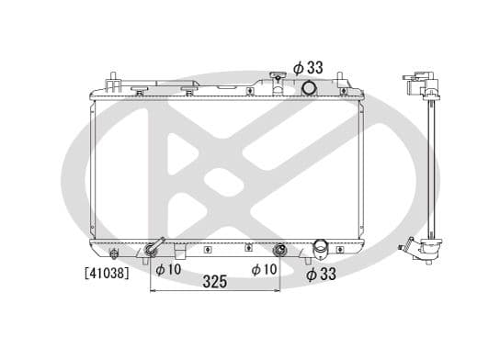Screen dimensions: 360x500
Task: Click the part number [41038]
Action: tap(107, 273)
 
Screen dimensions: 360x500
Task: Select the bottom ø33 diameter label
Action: tap(322, 273)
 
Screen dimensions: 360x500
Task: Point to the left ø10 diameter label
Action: tap(168, 269)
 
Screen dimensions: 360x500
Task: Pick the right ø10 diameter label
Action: tap(266, 269)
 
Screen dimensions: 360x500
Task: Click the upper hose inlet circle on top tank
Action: tap(310, 88)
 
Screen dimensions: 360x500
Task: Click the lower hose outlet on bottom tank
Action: tap(321, 248)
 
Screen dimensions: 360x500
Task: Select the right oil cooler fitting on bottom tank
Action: tap(279, 249)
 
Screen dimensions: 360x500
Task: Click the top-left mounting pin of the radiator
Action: tap(111, 78)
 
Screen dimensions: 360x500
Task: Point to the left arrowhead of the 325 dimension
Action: tap(153, 292)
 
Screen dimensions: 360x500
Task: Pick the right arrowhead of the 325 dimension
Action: tap(278, 292)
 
